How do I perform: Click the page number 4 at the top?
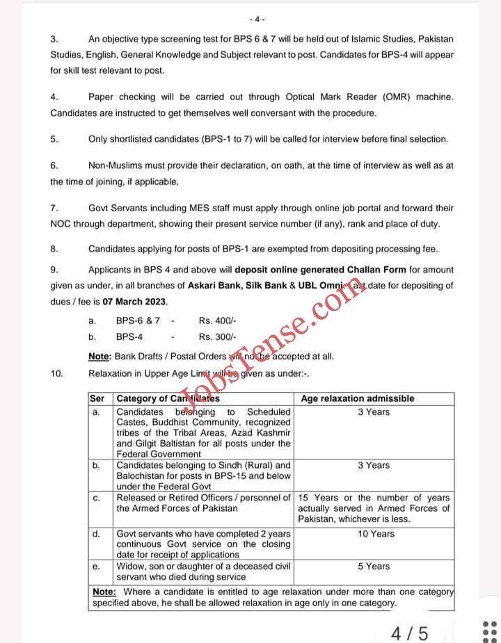pyautogui.click(x=260, y=19)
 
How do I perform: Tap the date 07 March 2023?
pyautogui.click(x=135, y=302)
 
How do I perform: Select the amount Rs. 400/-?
pyautogui.click(x=218, y=320)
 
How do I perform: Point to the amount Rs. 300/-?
pyautogui.click(x=218, y=336)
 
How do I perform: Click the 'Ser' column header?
pyautogui.click(x=97, y=398)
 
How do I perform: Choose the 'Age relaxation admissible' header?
pyautogui.click(x=357, y=398)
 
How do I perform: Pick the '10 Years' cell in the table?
pyautogui.click(x=374, y=534)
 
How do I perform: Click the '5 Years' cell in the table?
pyautogui.click(x=374, y=567)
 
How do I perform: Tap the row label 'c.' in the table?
pyautogui.click(x=96, y=498)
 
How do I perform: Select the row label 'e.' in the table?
pyautogui.click(x=96, y=567)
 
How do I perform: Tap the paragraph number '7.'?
pyautogui.click(x=54, y=208)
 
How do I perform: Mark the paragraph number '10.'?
pyautogui.click(x=56, y=374)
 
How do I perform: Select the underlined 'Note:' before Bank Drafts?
pyautogui.click(x=100, y=357)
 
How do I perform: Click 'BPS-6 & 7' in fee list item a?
pyautogui.click(x=138, y=320)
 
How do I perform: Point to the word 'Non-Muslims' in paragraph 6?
pyautogui.click(x=115, y=165)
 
